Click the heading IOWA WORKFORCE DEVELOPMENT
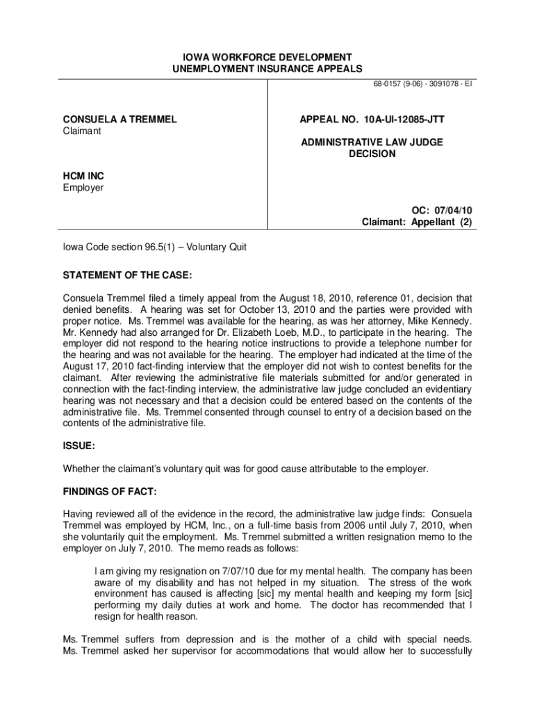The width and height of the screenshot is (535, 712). click(267, 57)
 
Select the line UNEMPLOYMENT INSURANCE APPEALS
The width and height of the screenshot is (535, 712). click(267, 70)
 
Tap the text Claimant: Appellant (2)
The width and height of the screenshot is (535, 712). click(417, 222)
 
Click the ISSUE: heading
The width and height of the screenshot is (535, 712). click(80, 445)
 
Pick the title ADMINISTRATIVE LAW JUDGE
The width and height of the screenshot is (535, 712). click(372, 142)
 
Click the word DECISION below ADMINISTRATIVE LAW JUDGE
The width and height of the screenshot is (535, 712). click(372, 154)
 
